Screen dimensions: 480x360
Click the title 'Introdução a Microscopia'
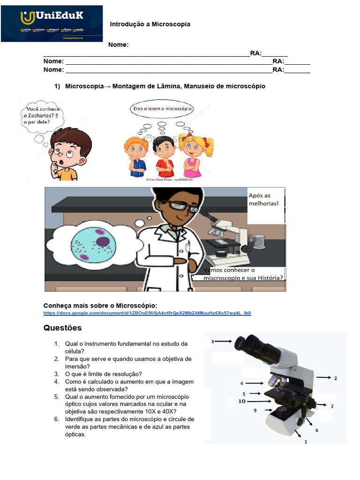coord(150,24)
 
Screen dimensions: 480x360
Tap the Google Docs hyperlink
coord(147,313)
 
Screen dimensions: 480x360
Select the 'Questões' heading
coord(62,328)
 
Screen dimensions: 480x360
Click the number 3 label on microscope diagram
coord(212,342)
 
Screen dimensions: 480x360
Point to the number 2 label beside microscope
coord(335,378)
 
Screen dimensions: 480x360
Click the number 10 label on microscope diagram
coord(241,401)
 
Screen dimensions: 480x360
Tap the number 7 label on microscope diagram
coord(332,406)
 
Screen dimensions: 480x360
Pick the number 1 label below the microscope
coord(306,442)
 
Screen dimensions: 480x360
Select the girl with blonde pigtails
coord(193,155)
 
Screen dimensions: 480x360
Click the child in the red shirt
coord(164,157)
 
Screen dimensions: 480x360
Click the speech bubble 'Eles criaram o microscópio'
coord(161,109)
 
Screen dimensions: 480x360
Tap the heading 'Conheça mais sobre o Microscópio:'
coord(97,306)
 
